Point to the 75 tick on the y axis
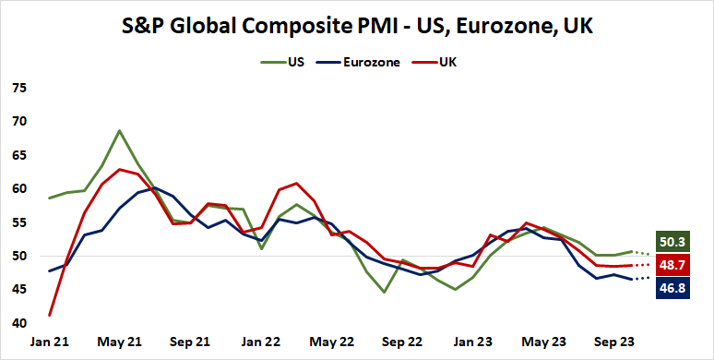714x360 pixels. click(19, 89)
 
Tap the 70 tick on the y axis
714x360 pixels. click(19, 122)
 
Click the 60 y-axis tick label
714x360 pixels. click(19, 189)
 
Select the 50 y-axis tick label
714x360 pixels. click(19, 257)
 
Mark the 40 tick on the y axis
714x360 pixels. click(19, 323)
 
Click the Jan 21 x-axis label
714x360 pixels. click(49, 342)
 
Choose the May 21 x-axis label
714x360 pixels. click(120, 342)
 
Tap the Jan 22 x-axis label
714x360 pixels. click(261, 342)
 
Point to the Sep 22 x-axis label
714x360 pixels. click(402, 342)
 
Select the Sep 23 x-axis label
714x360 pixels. click(613, 342)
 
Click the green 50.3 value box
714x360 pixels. click(673, 242)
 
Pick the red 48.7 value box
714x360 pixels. click(673, 265)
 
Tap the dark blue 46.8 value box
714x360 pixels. click(673, 288)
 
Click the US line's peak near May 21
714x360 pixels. click(120, 130)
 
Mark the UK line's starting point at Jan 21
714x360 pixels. click(49, 316)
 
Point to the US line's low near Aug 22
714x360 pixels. click(385, 293)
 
